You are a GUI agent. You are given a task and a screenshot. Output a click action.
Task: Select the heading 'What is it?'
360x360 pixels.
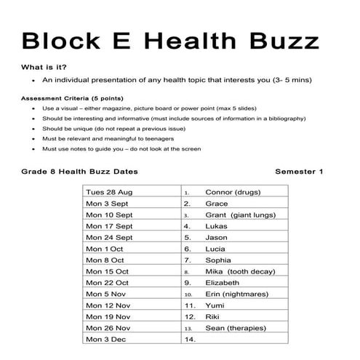tap(47, 67)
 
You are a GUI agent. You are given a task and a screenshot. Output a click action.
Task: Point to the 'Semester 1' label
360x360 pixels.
tap(300, 172)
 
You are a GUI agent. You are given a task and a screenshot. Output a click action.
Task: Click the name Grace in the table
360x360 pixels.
tap(217, 204)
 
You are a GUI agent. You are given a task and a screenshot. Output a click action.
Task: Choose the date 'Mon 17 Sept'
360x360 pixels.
tap(109, 226)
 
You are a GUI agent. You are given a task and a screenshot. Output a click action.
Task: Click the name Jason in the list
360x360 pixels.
tap(217, 237)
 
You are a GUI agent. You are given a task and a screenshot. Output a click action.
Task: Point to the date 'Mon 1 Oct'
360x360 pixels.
tap(105, 249)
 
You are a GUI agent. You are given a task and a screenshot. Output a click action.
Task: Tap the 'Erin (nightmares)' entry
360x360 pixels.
tap(236, 294)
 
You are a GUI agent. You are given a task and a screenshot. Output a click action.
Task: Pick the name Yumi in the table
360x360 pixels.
tap(216, 305)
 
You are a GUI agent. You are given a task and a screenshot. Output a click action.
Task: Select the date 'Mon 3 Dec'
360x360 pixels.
tap(105, 339)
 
